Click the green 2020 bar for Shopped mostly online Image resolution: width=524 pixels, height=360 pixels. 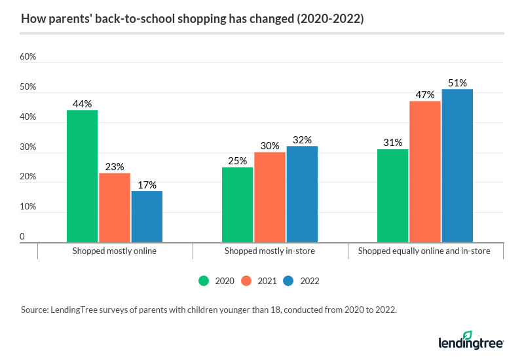pyautogui.click(x=82, y=176)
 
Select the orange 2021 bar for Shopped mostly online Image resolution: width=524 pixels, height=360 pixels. pyautogui.click(x=115, y=207)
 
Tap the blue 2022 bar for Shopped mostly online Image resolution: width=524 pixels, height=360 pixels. pyautogui.click(x=147, y=217)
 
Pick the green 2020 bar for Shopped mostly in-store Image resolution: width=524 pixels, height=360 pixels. pyautogui.click(x=237, y=204)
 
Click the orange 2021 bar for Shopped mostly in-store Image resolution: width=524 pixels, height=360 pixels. pyautogui.click(x=270, y=197)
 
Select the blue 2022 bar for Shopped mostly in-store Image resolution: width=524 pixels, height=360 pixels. pyautogui.click(x=302, y=194)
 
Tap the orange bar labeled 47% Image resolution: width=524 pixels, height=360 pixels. pyautogui.click(x=425, y=171)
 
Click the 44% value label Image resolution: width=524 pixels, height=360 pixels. pyautogui.click(x=83, y=103)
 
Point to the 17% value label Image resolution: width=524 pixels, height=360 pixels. pyautogui.click(x=147, y=185)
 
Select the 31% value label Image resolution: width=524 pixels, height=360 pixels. pyautogui.click(x=393, y=143)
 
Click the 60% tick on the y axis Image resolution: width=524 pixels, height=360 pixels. pyautogui.click(x=28, y=57)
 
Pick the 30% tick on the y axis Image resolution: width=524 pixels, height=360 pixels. pyautogui.click(x=28, y=147)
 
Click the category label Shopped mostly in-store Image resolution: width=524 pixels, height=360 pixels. pyautogui.click(x=270, y=251)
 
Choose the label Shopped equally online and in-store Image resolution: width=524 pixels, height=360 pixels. pyautogui.click(x=425, y=251)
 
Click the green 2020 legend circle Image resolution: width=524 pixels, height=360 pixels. pyautogui.click(x=204, y=281)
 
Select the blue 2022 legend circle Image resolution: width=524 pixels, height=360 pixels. pyautogui.click(x=289, y=281)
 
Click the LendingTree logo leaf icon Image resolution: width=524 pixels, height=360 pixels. pyautogui.click(x=485, y=335)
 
